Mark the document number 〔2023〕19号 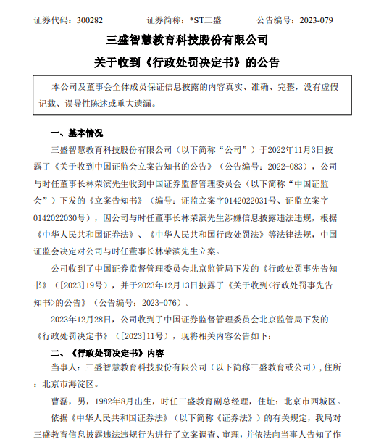pos(78,285)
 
